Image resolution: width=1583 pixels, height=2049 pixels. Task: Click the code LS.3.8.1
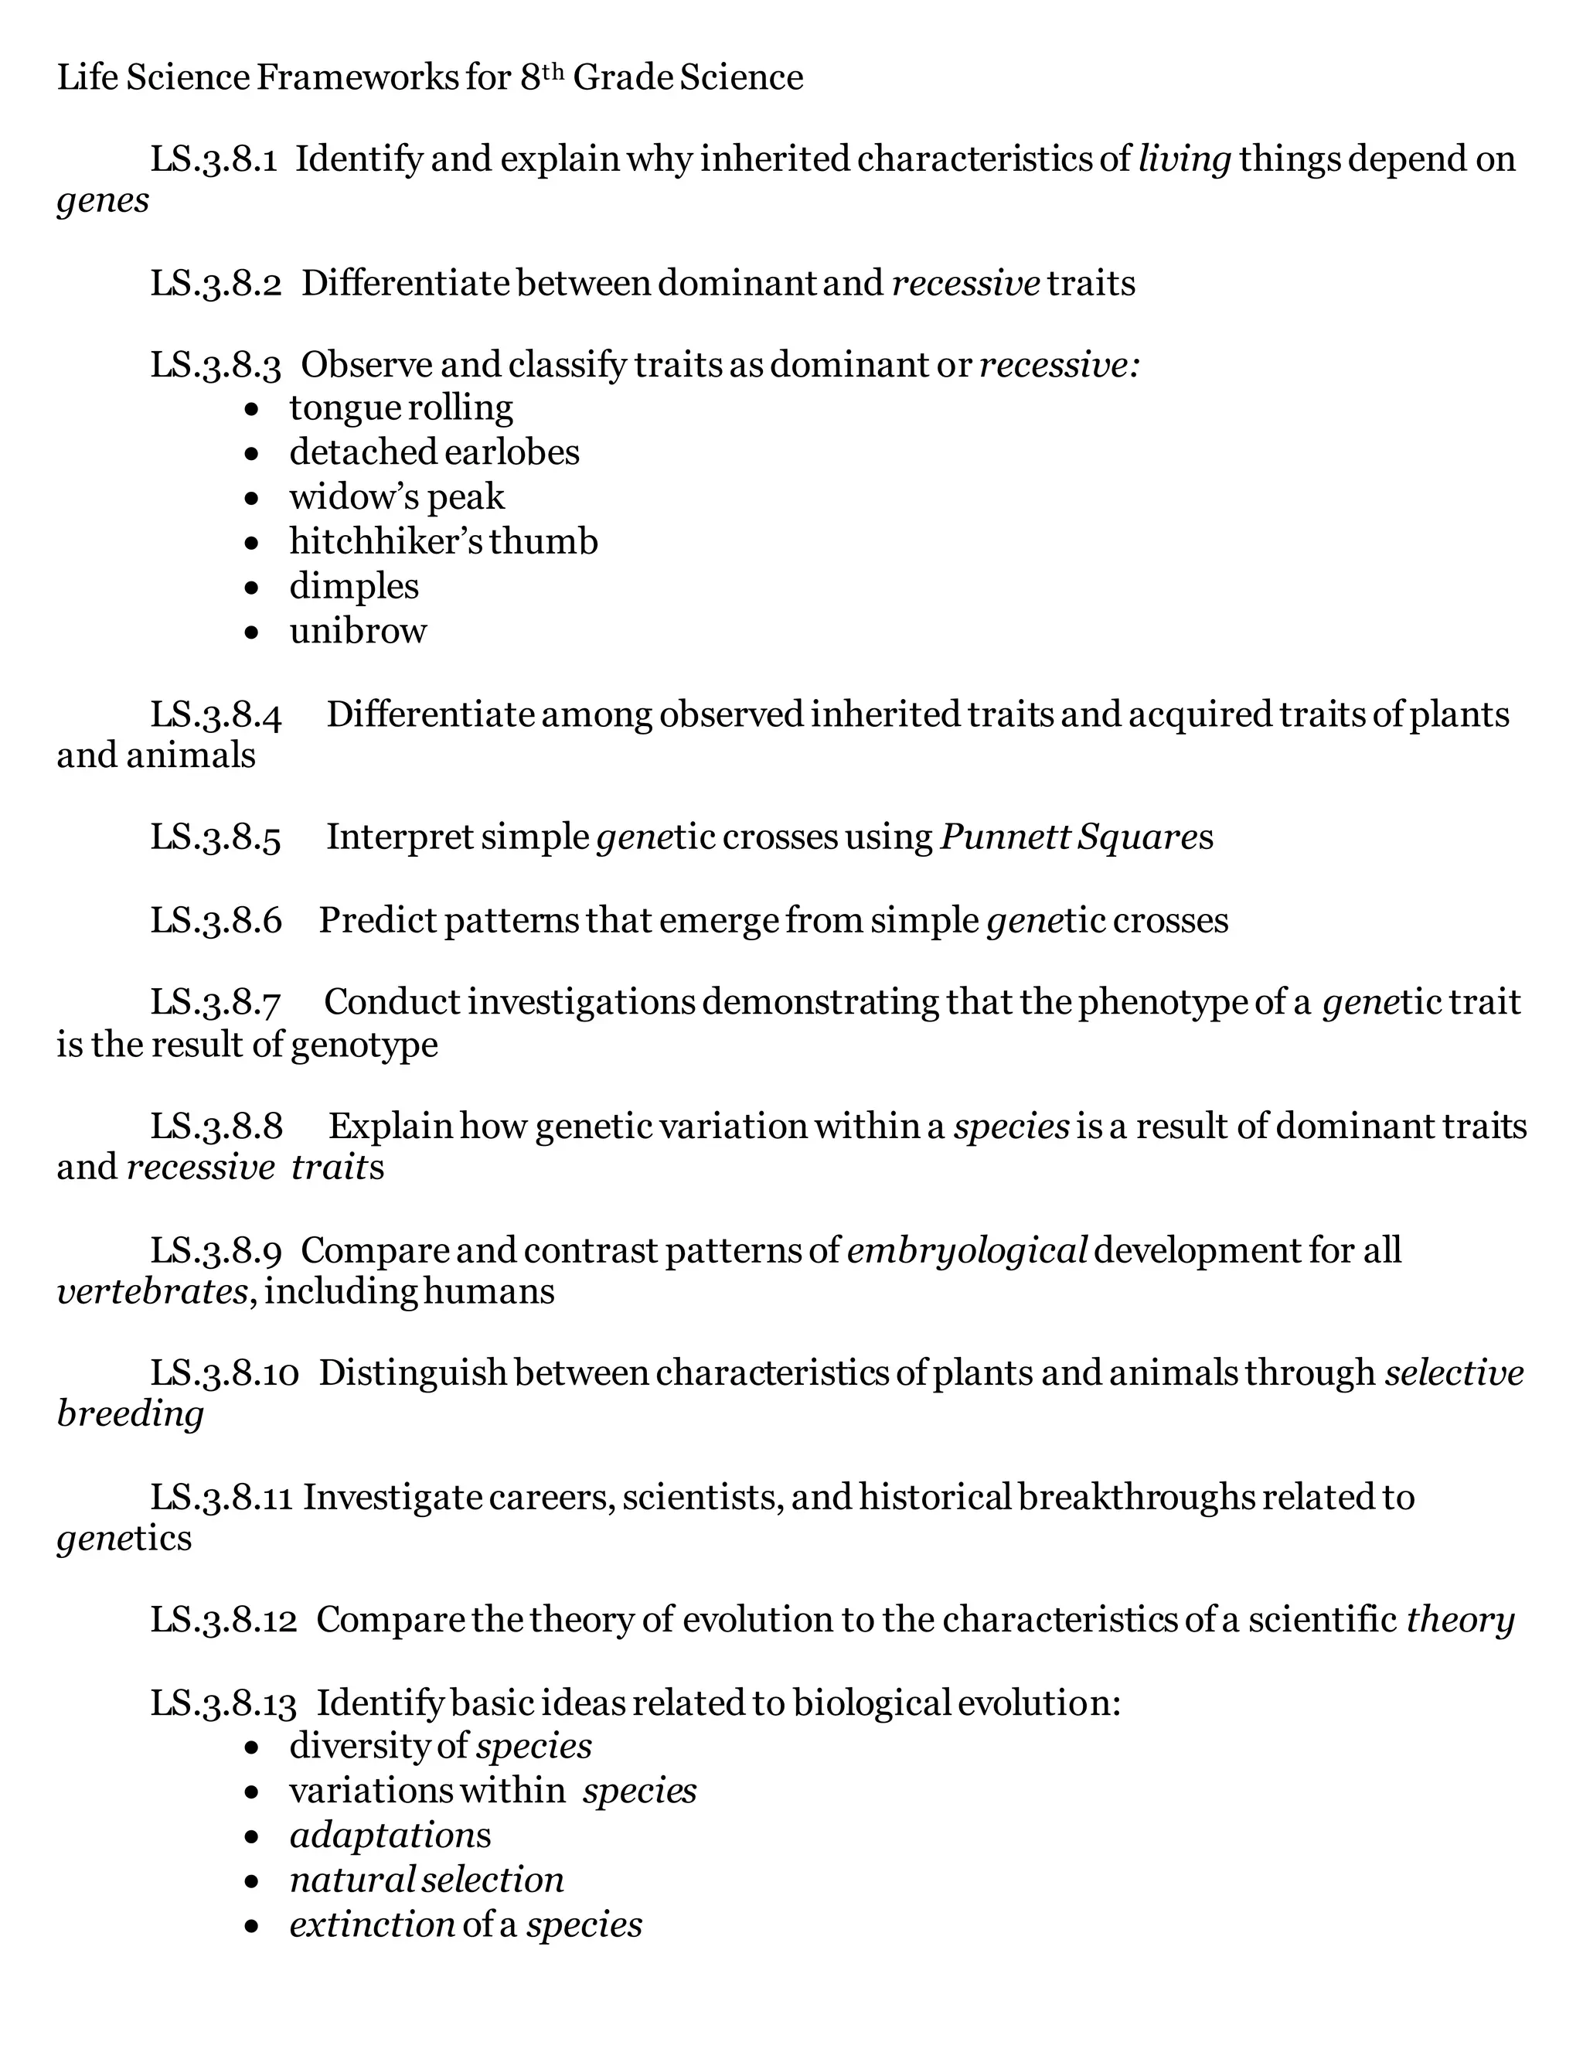214,159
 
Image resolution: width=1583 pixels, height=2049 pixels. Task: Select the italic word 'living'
1184,159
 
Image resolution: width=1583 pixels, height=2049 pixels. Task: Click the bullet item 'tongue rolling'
401,408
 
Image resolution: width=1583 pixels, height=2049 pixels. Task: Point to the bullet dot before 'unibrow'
250,633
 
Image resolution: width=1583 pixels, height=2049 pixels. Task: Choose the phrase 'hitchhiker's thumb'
444,541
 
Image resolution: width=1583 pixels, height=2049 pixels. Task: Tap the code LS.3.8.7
216,1003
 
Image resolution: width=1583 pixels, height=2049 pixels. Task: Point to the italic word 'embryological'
967,1250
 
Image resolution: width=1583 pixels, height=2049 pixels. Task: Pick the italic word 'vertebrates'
152,1292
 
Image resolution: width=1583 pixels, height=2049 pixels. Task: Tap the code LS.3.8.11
223,1498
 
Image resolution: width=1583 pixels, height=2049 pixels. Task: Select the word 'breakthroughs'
1135,1498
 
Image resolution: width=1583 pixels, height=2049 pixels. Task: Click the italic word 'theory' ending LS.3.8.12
1460,1620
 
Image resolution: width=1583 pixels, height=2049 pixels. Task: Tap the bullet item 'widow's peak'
397,497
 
